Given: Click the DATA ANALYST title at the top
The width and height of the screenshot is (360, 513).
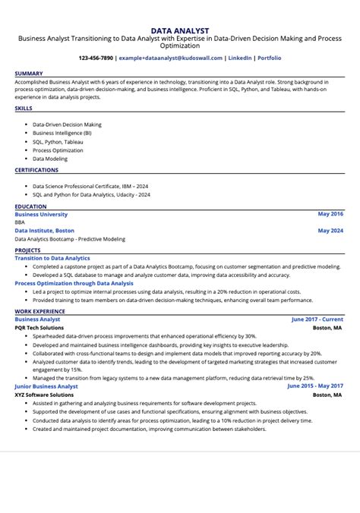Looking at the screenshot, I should click(x=180, y=31).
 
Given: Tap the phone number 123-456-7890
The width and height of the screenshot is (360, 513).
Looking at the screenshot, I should click(x=96, y=58).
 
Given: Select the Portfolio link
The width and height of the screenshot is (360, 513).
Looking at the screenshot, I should click(x=269, y=58).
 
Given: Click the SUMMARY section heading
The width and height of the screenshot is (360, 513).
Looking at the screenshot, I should click(x=29, y=74).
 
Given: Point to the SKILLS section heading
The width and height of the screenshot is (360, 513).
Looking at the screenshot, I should click(x=24, y=109).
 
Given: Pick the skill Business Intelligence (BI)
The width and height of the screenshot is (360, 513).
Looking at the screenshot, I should click(x=62, y=133).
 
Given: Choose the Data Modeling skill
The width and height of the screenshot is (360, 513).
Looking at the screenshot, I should click(x=50, y=159).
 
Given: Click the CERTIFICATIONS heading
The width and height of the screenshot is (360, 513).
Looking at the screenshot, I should click(x=36, y=170).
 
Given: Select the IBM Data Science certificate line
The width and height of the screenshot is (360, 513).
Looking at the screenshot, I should click(x=90, y=185).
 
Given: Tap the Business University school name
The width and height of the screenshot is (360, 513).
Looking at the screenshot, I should click(x=41, y=215).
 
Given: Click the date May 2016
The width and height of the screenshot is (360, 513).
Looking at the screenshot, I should click(x=330, y=215).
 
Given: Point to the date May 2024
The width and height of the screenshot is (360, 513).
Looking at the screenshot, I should click(x=330, y=230).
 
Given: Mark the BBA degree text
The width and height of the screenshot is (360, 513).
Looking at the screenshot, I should click(x=21, y=222).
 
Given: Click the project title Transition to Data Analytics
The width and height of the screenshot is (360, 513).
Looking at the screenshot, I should click(x=52, y=258).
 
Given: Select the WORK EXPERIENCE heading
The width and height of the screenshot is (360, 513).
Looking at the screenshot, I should click(x=39, y=311).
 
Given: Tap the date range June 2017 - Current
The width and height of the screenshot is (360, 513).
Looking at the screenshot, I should click(x=317, y=319).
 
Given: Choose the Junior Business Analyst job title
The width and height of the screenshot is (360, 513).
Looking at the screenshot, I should click(x=47, y=386).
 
